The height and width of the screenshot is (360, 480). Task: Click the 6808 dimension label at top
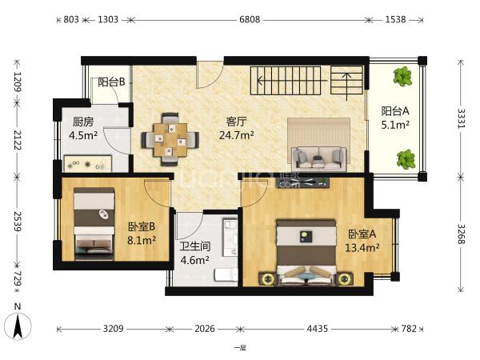(x=250, y=19)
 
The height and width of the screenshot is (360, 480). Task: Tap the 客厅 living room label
(x=236, y=122)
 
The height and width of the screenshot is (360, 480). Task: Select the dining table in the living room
(x=170, y=140)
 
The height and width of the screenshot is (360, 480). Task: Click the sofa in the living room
(x=319, y=158)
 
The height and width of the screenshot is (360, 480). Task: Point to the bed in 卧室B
(x=94, y=224)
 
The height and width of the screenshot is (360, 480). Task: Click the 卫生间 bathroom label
(x=194, y=246)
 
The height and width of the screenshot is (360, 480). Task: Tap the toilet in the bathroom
(x=226, y=274)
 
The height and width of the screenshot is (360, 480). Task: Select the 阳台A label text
(x=395, y=111)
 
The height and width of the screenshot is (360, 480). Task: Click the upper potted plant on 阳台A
(x=402, y=76)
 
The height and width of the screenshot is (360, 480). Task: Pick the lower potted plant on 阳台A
(x=406, y=159)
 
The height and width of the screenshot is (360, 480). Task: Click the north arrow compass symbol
(x=18, y=326)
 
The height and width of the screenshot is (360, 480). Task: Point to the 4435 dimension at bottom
(x=318, y=329)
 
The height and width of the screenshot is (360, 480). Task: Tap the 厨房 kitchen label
(x=83, y=122)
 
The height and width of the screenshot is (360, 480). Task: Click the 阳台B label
(x=111, y=82)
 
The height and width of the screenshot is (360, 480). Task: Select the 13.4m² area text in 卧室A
(x=362, y=247)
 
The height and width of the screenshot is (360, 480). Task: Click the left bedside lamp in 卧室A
(x=269, y=279)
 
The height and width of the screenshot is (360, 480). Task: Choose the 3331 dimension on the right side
(x=461, y=118)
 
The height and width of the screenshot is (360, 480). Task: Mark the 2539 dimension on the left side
(x=17, y=222)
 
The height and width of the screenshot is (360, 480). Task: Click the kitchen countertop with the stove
(x=88, y=163)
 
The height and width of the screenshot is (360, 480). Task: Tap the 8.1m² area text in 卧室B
(x=142, y=240)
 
